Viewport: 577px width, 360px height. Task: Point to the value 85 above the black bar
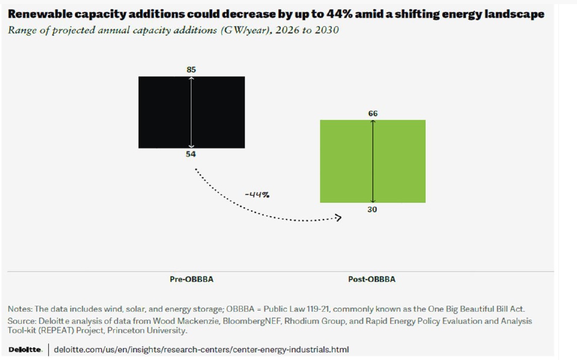click(191, 69)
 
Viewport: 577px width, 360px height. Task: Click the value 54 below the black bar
click(190, 154)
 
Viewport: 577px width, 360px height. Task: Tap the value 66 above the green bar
click(373, 114)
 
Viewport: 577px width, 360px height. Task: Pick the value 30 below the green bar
click(372, 209)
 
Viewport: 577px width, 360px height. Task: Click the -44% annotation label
click(257, 194)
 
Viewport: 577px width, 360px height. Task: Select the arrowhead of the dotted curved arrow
click(338, 218)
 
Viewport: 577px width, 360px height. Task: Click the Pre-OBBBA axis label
click(191, 279)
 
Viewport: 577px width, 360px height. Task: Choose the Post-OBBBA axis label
click(372, 279)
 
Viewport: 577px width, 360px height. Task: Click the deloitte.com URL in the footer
click(201, 349)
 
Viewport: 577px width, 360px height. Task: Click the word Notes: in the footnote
click(20, 309)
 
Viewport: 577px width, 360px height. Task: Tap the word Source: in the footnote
click(22, 321)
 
